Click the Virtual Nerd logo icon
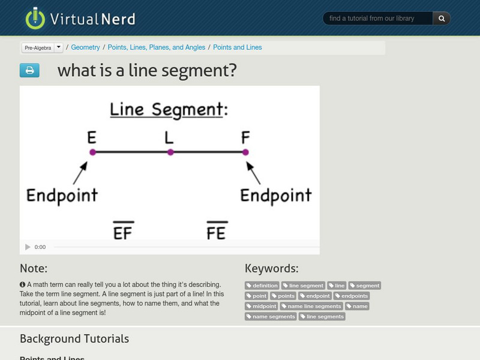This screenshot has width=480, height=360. point(35,18)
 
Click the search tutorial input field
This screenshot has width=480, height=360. point(378,19)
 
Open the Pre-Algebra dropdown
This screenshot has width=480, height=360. point(58,47)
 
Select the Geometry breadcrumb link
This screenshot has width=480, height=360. point(85,47)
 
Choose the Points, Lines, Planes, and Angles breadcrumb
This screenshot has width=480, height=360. point(156,47)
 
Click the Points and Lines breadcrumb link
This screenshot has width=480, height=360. point(237,47)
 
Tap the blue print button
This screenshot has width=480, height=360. point(29,70)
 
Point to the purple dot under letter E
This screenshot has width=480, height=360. point(92,152)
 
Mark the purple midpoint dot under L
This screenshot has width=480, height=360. point(170,152)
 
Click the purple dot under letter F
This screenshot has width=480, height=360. point(245,152)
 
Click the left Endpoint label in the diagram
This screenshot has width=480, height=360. point(62,195)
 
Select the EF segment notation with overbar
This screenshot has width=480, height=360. point(122,231)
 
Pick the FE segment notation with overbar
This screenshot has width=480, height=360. point(215,231)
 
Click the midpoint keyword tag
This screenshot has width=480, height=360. point(261,306)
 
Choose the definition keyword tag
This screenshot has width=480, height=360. point(262,286)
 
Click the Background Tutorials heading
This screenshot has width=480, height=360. point(74,338)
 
